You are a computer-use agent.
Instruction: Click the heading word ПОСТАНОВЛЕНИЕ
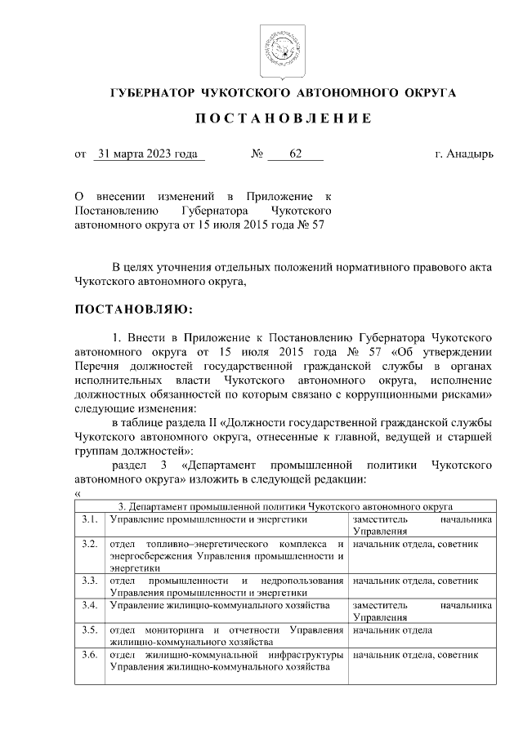[x=284, y=118]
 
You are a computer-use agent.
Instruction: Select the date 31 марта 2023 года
[x=148, y=153]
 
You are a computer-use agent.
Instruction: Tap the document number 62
[x=295, y=153]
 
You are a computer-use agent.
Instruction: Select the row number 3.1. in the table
[x=90, y=519]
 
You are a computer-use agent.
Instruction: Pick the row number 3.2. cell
[x=90, y=544]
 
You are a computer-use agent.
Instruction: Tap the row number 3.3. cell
[x=90, y=581]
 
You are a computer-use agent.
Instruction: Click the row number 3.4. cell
[x=90, y=605]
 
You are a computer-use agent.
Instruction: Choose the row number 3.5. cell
[x=90, y=630]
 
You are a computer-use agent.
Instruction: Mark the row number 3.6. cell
[x=90, y=655]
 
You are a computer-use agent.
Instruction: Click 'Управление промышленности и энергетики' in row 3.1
[x=208, y=519]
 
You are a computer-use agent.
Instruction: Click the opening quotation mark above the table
[x=77, y=493]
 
